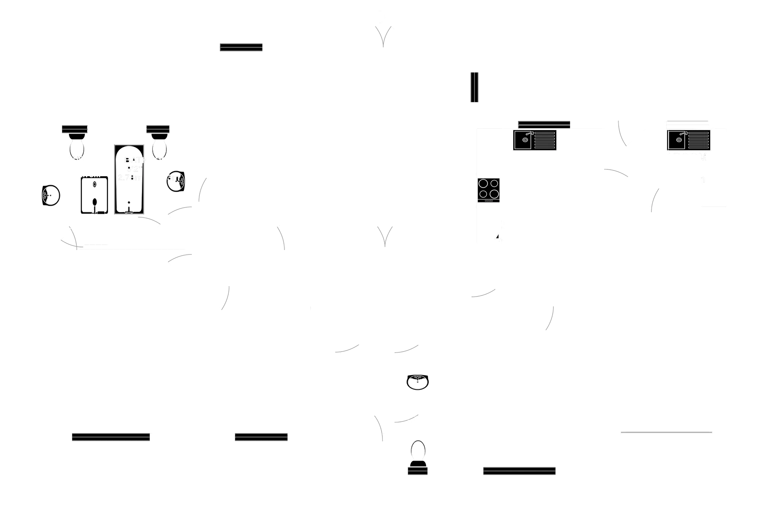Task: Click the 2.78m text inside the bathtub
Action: [129, 178]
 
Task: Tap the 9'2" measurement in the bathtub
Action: [132, 169]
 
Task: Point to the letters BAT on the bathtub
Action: [134, 160]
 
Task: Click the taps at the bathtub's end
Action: [129, 208]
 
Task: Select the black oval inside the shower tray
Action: [95, 202]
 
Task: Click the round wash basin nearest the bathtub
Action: [175, 181]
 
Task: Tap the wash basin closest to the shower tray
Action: [51, 195]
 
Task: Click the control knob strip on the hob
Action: [489, 201]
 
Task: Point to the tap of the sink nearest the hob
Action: [530, 133]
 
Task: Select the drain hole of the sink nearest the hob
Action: [524, 140]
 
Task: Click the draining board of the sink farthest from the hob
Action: [698, 140]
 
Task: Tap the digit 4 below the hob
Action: [497, 237]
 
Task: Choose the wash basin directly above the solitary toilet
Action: [417, 382]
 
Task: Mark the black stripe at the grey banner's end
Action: [474, 87]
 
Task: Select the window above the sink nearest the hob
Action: [544, 124]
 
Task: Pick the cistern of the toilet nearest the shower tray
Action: [75, 130]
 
